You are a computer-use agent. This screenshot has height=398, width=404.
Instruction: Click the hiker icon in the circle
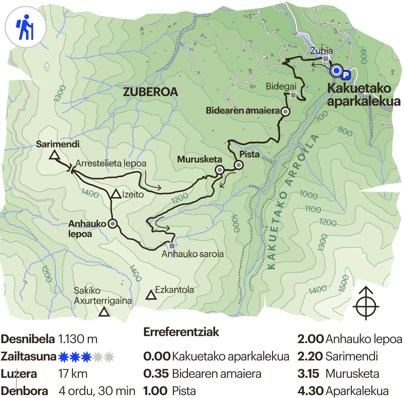click(25, 27)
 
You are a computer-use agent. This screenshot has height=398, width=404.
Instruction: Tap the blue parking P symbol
click(346, 75)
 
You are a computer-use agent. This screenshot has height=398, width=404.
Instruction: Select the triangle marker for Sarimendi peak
click(54, 155)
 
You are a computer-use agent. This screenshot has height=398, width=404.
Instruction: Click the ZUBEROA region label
click(150, 92)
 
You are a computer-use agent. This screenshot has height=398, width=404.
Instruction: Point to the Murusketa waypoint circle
click(220, 170)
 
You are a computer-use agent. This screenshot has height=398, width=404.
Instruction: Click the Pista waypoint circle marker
click(238, 165)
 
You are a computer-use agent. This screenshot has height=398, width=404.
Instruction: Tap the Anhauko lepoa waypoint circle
click(112, 223)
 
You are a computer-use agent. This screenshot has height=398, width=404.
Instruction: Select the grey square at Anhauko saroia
click(172, 246)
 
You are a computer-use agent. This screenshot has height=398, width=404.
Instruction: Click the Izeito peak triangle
click(116, 194)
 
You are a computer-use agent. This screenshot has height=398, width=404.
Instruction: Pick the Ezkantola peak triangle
click(151, 295)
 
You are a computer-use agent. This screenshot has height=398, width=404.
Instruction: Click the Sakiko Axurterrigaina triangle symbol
click(104, 312)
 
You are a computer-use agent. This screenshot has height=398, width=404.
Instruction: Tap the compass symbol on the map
click(366, 303)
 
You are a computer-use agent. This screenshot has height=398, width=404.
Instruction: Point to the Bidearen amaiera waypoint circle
click(285, 112)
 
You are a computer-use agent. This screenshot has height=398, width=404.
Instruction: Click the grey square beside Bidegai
click(293, 95)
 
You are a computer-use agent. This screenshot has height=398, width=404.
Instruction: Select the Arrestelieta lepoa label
click(111, 164)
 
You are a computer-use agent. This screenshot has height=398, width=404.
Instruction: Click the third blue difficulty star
click(86, 357)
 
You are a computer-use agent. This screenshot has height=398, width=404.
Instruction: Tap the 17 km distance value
click(73, 374)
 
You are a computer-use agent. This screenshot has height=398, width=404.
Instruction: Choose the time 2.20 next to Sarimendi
click(310, 356)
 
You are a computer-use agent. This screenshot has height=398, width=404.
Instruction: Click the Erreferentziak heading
click(181, 332)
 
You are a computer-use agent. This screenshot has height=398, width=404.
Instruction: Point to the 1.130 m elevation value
click(77, 339)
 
